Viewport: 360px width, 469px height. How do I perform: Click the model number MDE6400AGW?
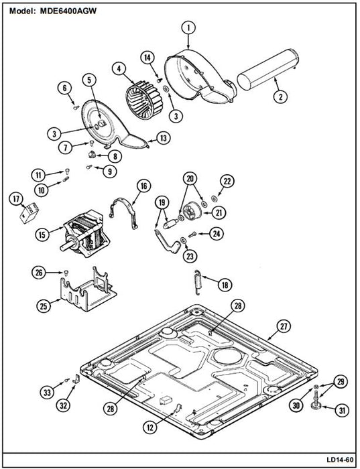coord(68,11)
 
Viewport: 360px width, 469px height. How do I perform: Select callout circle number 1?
coord(188,28)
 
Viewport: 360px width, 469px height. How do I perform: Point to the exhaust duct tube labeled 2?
coord(268,69)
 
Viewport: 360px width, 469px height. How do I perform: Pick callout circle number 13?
coord(163,138)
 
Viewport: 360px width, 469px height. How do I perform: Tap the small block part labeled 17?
coord(29,212)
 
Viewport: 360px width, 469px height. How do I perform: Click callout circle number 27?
coord(284,327)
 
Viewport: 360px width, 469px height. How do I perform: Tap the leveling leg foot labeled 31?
coord(316,405)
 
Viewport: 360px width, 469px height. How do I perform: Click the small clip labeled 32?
coord(76,379)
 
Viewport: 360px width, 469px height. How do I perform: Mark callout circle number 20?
coord(190,179)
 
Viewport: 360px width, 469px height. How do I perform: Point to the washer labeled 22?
coord(214,198)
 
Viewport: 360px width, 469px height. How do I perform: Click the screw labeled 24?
coord(192,234)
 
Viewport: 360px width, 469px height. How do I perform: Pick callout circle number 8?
coord(115,156)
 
